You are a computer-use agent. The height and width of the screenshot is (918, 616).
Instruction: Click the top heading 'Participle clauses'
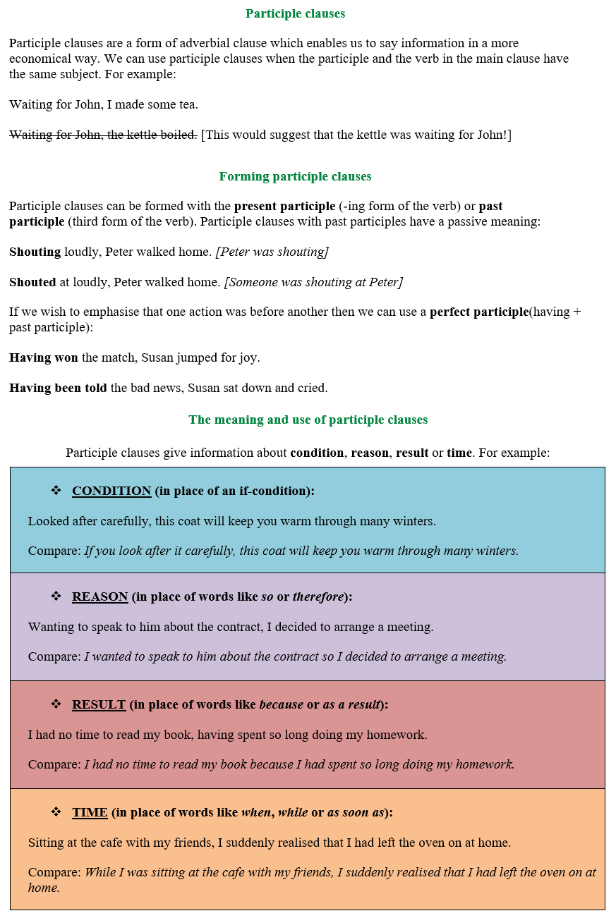click(295, 13)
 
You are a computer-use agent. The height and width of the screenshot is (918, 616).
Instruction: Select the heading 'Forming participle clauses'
click(295, 176)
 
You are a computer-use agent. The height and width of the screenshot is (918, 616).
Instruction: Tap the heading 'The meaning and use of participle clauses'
click(308, 420)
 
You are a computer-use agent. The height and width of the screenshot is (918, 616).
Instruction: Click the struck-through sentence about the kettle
click(103, 135)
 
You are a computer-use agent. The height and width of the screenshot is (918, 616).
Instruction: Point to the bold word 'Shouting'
click(35, 252)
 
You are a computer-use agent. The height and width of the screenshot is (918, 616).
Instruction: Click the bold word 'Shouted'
click(32, 282)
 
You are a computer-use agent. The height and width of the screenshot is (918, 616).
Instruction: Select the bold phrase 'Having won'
click(44, 357)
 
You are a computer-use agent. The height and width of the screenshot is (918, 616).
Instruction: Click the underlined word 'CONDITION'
click(111, 491)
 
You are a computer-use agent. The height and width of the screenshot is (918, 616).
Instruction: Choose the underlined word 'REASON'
click(99, 596)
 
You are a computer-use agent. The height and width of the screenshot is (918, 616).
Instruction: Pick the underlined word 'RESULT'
click(99, 704)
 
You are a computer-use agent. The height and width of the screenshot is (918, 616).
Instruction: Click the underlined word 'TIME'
click(90, 812)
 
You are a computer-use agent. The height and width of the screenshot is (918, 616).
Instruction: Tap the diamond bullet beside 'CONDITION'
click(56, 490)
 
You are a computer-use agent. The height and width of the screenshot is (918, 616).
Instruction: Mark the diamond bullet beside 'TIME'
click(56, 812)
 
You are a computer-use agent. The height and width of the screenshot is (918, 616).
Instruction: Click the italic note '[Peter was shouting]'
click(272, 252)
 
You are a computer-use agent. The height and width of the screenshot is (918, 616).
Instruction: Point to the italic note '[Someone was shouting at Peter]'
click(313, 282)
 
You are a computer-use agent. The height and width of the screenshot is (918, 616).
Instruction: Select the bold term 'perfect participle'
click(478, 312)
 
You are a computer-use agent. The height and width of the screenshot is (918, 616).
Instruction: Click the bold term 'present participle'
click(284, 207)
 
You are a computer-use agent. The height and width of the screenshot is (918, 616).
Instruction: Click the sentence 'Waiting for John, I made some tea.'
click(104, 104)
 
